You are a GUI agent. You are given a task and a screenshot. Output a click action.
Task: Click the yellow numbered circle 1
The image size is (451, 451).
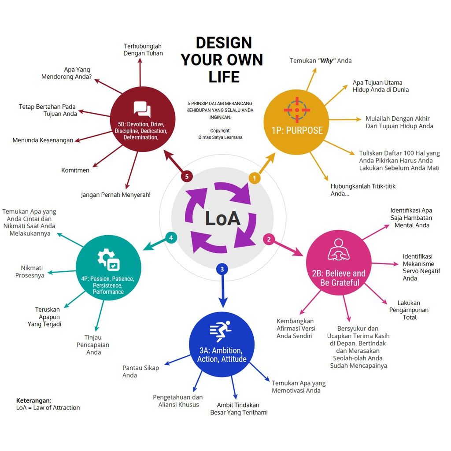255,178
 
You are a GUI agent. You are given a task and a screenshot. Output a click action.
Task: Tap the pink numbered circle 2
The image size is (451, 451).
269,239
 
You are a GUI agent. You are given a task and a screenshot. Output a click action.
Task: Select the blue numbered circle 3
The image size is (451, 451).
222,269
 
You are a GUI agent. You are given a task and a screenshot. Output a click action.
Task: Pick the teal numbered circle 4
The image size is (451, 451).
171,238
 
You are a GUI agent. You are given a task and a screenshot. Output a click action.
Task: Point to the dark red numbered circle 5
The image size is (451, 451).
187,176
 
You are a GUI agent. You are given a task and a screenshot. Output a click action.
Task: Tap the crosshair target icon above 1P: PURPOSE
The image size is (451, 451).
297,110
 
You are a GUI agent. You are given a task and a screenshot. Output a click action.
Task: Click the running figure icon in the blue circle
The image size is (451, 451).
221,332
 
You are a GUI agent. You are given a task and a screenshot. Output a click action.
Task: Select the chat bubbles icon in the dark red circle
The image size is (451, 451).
142,109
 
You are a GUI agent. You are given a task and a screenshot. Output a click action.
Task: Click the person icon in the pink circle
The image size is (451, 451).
338,250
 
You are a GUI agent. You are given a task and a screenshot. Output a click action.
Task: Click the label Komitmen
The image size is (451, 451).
75,170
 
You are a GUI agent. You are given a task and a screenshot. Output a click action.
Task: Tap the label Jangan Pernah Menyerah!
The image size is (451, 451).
116,194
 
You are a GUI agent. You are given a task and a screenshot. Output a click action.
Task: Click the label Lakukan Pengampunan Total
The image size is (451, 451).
409,310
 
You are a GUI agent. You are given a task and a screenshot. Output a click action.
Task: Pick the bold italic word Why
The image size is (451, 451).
326,61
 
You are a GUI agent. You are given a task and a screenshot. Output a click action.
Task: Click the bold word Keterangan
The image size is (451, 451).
33,400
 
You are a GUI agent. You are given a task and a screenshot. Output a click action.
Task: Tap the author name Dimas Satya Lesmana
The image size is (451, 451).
220,137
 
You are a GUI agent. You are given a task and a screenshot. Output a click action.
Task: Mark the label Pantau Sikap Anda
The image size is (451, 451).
140,371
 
